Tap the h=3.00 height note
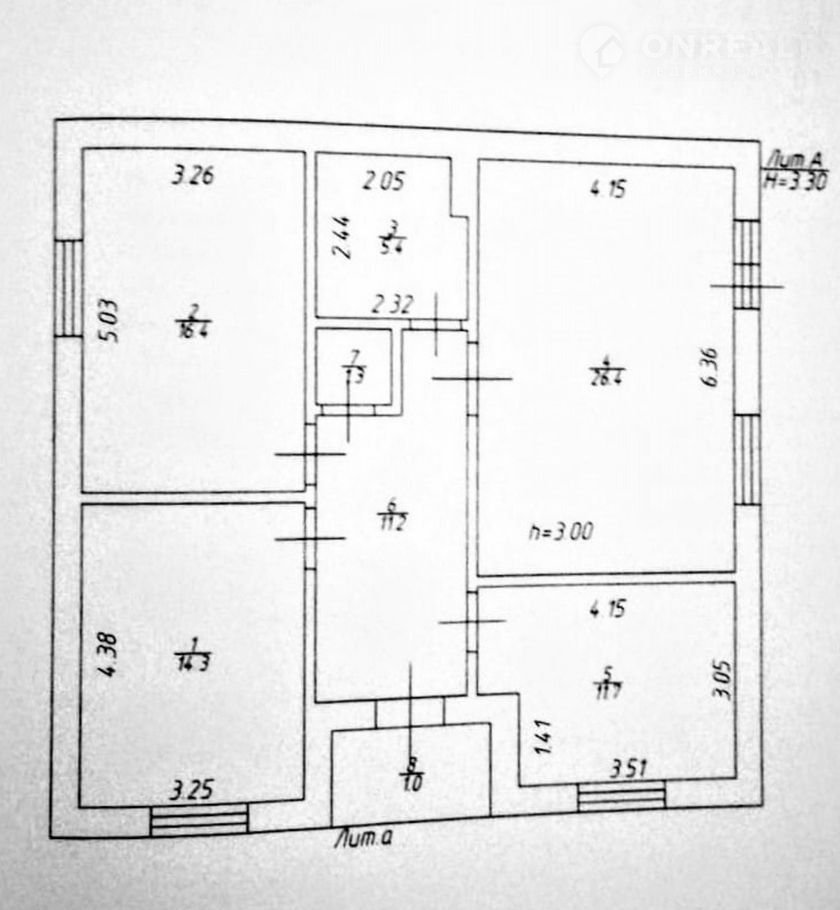(560, 533)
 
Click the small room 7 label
(353, 366)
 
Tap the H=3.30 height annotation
(792, 175)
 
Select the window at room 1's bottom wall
(199, 821)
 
